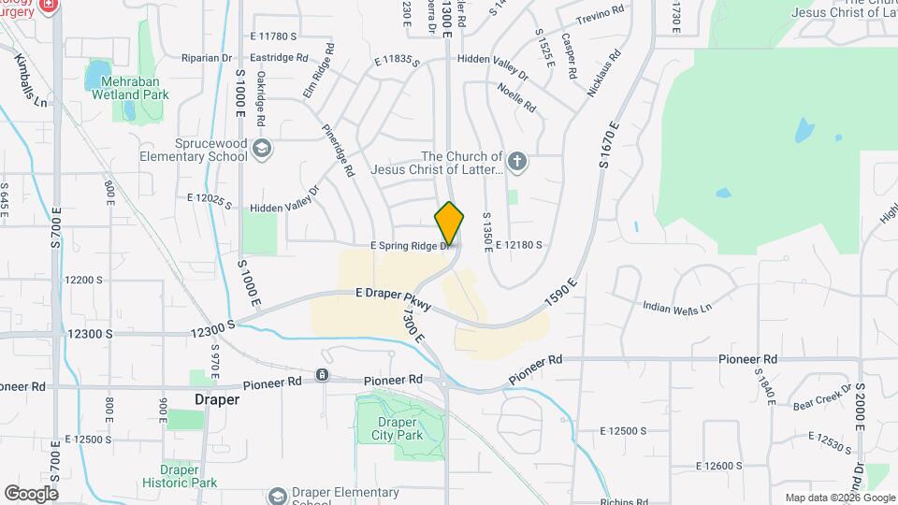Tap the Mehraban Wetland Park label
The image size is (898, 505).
click(137, 88)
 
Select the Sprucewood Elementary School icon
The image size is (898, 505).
click(264, 148)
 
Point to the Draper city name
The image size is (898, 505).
click(216, 399)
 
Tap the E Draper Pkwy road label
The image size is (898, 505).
click(393, 294)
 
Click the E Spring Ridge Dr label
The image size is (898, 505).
click(411, 245)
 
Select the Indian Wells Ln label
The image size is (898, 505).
click(677, 306)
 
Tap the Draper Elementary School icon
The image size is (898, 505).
click(277, 495)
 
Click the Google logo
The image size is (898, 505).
click(31, 493)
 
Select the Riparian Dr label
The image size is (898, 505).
click(207, 57)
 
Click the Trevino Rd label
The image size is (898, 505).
click(600, 15)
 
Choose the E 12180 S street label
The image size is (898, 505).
click(519, 245)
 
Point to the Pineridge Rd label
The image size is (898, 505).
click(338, 151)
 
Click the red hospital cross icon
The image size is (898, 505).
click(49, 5)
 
